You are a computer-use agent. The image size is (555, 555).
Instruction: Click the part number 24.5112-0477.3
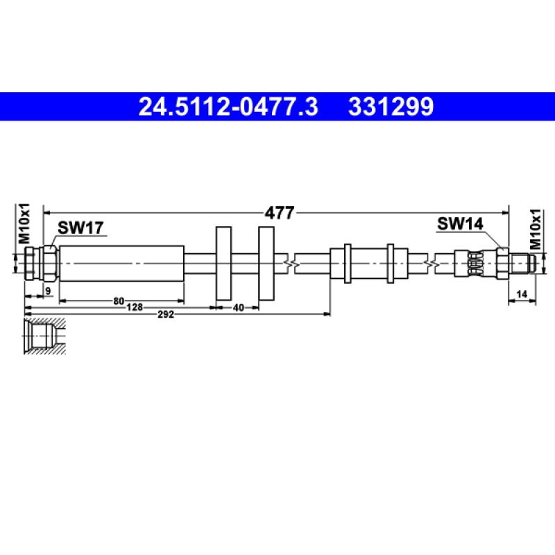(x=228, y=107)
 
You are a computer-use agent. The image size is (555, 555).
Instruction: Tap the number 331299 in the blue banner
(x=391, y=107)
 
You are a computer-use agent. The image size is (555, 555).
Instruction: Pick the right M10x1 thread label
(x=535, y=229)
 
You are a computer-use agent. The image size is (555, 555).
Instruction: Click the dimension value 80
(x=119, y=300)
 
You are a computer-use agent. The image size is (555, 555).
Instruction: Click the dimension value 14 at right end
(x=522, y=294)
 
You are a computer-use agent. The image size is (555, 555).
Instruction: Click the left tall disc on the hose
(x=223, y=264)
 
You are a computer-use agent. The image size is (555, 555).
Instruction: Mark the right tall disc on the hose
(x=267, y=264)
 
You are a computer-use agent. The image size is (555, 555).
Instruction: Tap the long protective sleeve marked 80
(x=121, y=264)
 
